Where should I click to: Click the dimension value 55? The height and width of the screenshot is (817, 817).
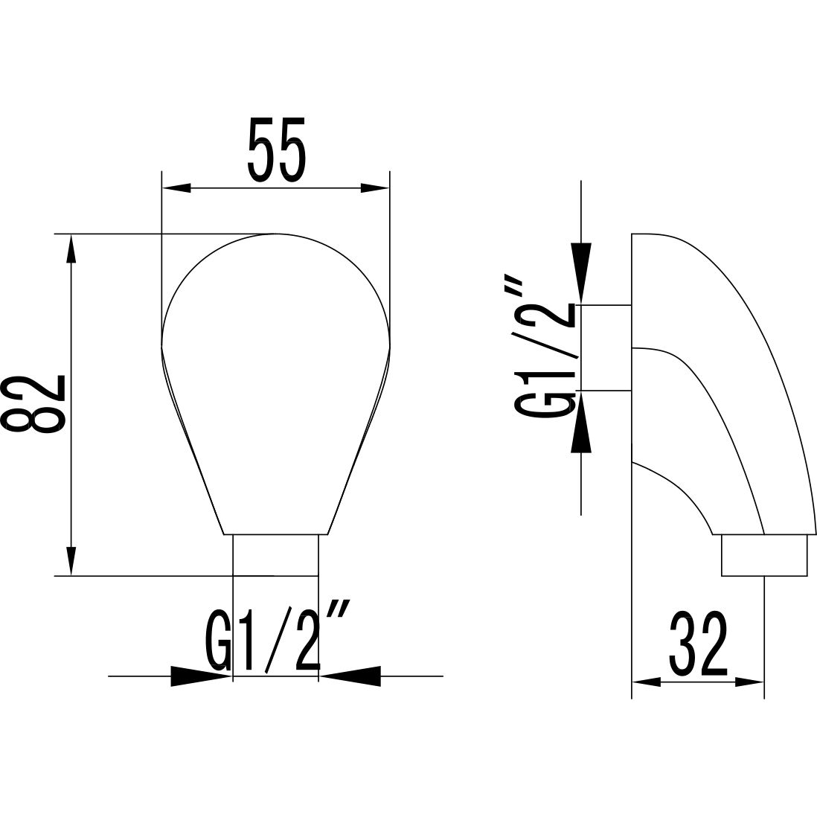[276, 149]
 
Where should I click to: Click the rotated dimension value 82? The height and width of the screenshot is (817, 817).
[36, 403]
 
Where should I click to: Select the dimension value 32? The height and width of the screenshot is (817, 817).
[697, 643]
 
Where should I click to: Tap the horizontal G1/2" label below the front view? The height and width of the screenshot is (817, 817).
[275, 641]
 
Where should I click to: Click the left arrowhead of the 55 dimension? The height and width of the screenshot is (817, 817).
[177, 188]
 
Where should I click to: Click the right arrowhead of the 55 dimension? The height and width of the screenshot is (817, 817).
[374, 188]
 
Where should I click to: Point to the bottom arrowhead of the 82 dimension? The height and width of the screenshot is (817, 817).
[71, 561]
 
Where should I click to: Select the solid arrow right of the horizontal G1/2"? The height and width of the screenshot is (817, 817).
[351, 676]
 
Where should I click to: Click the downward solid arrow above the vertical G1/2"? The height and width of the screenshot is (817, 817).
[581, 272]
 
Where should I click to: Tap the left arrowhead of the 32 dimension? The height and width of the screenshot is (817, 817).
[645, 681]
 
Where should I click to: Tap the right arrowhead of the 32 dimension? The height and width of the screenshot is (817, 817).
[750, 681]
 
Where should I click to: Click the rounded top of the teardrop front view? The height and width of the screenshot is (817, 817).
[276, 236]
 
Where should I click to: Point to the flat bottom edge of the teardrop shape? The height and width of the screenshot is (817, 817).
[276, 534]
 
